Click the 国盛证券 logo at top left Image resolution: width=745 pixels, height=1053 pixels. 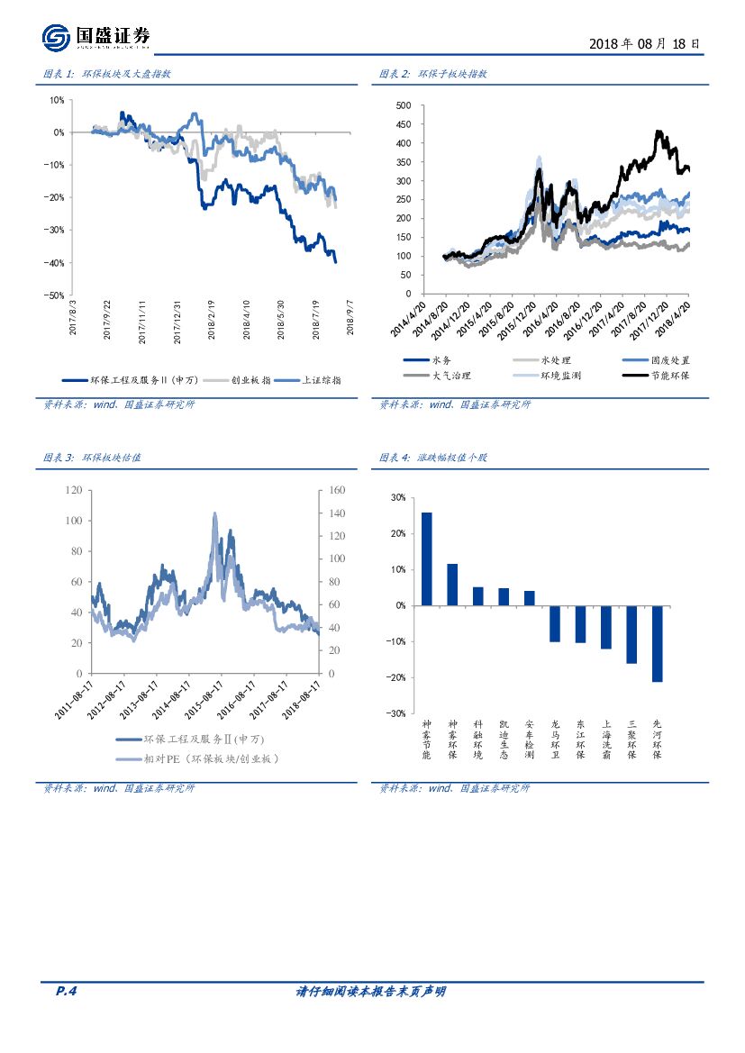coord(95,37)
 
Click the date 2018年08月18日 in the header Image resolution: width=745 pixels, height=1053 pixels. coord(644,42)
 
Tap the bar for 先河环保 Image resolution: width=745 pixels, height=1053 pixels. coord(658,643)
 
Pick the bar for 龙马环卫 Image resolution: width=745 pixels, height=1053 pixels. coord(555,623)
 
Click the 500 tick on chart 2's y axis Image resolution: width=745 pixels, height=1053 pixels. coord(403,105)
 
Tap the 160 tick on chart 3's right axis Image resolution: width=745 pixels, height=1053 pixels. coord(338,490)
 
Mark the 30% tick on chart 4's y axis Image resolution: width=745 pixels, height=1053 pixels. coord(397,497)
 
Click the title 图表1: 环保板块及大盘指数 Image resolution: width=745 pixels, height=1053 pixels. coord(106,75)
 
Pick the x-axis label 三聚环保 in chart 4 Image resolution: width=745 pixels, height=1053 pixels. coord(631,739)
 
